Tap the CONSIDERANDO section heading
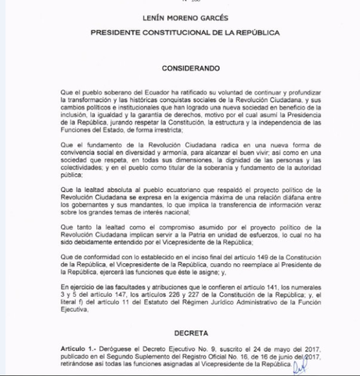coord(180,69)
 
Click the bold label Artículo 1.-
coord(86,347)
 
